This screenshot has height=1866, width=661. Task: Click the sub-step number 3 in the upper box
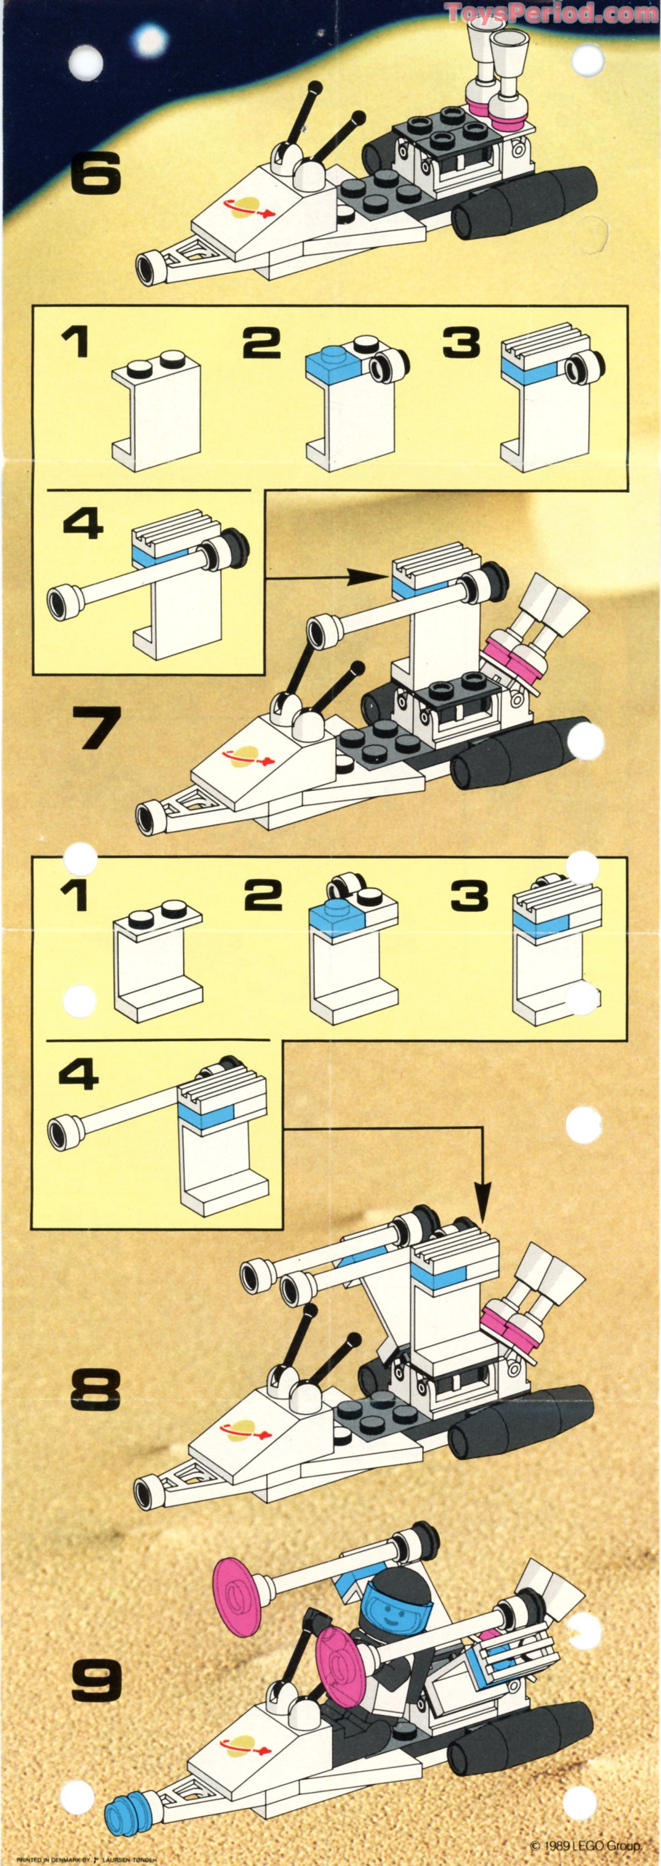[462, 342]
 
